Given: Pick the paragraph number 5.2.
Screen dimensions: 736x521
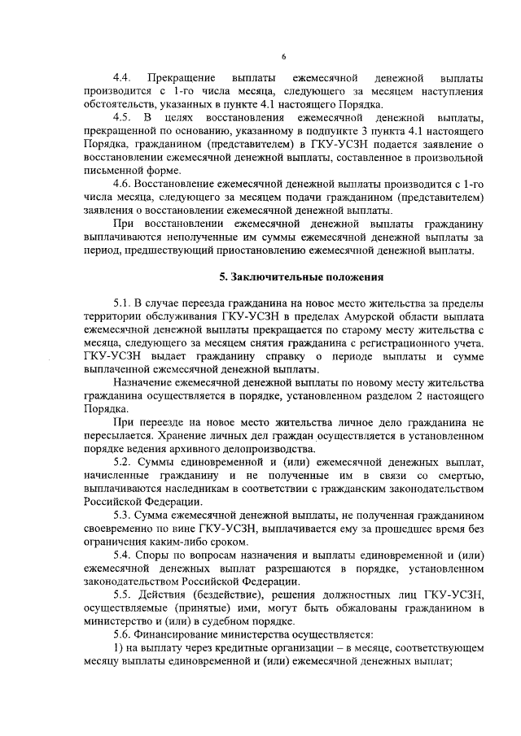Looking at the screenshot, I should (123, 463).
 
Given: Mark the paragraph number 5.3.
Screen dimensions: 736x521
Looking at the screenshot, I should (123, 516).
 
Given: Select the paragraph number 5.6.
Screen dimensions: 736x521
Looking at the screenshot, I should (123, 634).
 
